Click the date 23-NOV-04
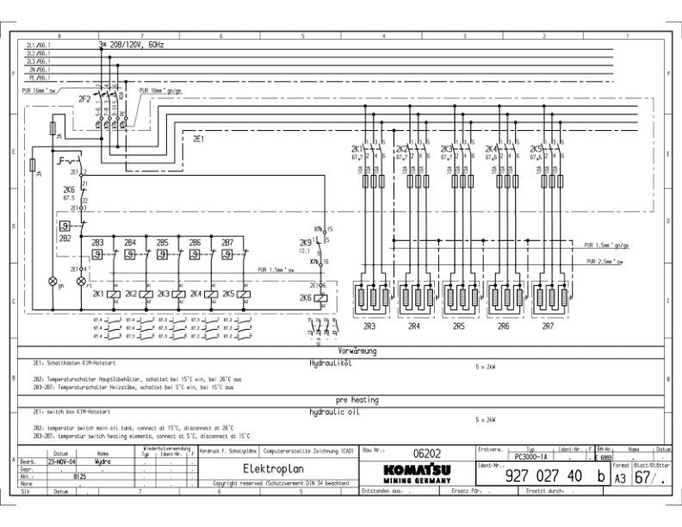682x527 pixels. click(61, 461)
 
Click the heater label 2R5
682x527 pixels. click(457, 326)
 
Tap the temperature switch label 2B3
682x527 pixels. click(97, 243)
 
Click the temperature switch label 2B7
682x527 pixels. click(227, 243)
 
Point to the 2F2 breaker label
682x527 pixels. click(85, 100)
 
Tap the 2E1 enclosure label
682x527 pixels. click(198, 138)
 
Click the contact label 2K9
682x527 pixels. click(305, 244)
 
